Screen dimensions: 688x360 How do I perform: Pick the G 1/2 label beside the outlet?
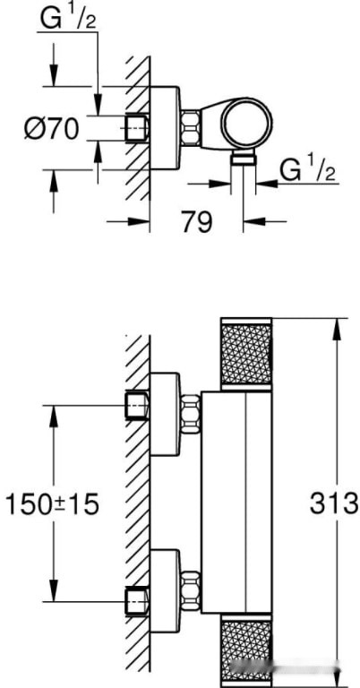pyautogui.click(x=307, y=167)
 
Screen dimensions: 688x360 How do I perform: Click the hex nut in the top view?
pyautogui.click(x=192, y=127)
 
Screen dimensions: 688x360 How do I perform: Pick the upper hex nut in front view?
pyautogui.click(x=190, y=415)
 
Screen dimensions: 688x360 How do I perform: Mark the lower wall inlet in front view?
pyautogui.click(x=137, y=600)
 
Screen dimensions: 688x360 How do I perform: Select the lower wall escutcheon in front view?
pyautogui.click(x=165, y=589)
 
